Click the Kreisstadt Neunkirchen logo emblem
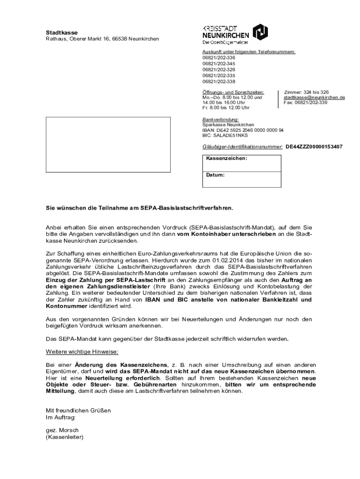click(260, 32)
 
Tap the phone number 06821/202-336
click(219, 58)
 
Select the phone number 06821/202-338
click(219, 81)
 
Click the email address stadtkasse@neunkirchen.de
click(314, 97)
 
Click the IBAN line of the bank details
click(243, 131)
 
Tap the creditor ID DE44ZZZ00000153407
click(314, 147)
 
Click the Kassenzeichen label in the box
click(226, 159)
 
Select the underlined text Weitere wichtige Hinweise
click(82, 351)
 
